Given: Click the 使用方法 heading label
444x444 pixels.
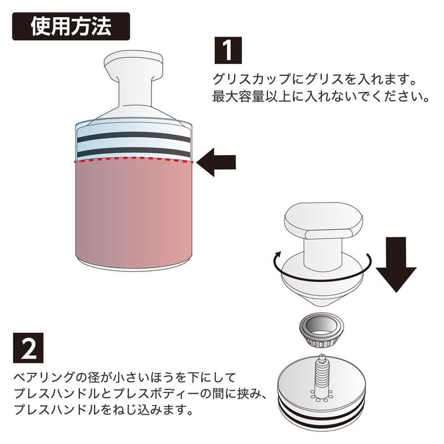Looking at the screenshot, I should pos(71,26).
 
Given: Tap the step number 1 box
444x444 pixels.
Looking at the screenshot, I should pos(228,51).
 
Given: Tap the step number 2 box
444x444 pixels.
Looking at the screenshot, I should pos(28,349).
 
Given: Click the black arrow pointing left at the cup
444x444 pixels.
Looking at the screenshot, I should pos(217,162).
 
